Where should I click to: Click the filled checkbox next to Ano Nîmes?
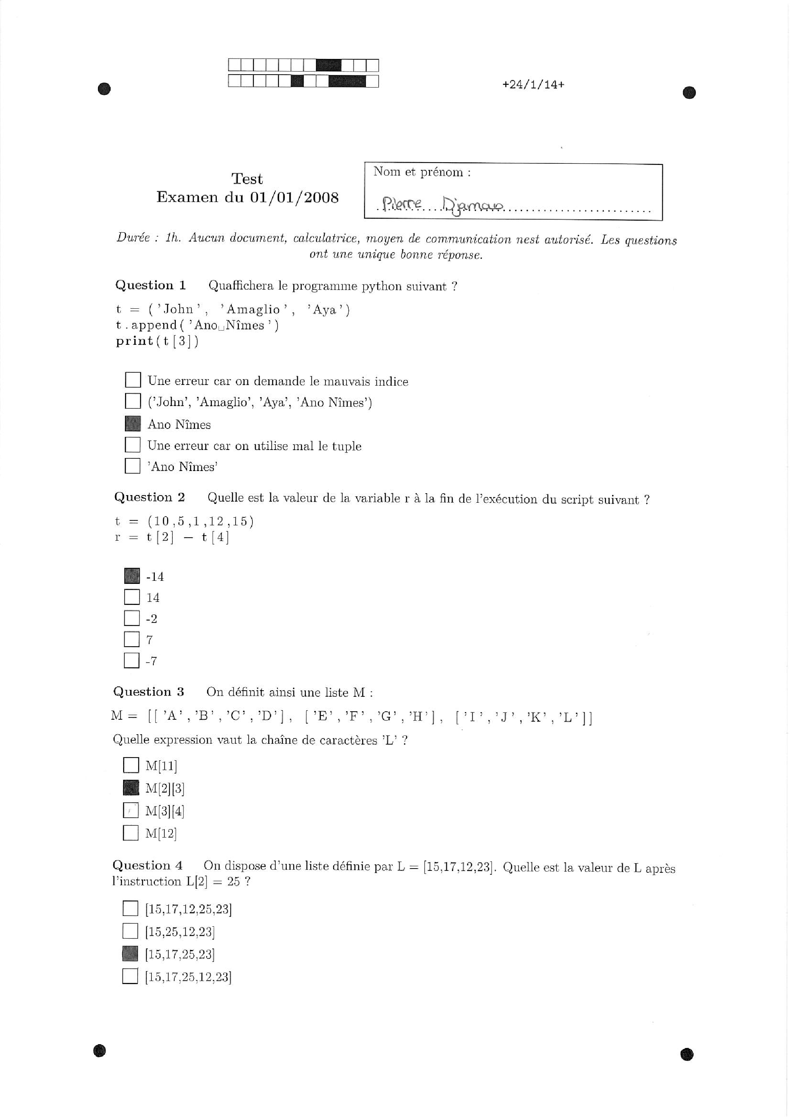(132, 423)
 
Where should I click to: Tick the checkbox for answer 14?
(132, 597)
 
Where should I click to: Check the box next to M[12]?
(130, 833)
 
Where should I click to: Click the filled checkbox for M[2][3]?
(130, 787)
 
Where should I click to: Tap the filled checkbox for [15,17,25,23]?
(130, 953)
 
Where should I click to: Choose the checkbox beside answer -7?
(132, 660)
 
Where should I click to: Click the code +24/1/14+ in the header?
(533, 84)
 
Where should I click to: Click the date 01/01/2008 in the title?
(294, 197)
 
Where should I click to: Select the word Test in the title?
(247, 179)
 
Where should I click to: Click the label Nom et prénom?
(421, 172)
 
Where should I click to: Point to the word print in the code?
(134, 341)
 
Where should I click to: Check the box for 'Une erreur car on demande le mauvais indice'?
(133, 380)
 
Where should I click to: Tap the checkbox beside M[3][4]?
(130, 810)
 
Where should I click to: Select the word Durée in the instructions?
(133, 238)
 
